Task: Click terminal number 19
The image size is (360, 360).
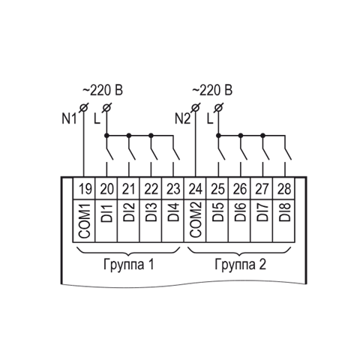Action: (85, 189)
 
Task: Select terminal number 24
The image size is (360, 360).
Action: (196, 189)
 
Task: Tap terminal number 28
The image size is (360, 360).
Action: (284, 189)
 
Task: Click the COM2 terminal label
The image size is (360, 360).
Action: (195, 220)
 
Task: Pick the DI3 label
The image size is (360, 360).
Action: (151, 212)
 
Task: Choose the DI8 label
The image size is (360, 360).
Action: (285, 212)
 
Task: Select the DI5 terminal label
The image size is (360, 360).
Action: (217, 212)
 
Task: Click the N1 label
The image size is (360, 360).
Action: (69, 118)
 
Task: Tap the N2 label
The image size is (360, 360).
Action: (182, 118)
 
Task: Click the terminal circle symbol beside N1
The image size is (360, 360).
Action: (83, 108)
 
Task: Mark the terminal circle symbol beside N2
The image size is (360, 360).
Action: (196, 108)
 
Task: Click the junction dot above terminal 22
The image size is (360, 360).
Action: (151, 136)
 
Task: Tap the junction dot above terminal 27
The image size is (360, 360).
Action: (262, 136)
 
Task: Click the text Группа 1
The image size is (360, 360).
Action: (128, 265)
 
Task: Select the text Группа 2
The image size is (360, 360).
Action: (241, 265)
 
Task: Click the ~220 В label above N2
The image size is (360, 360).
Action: (212, 90)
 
